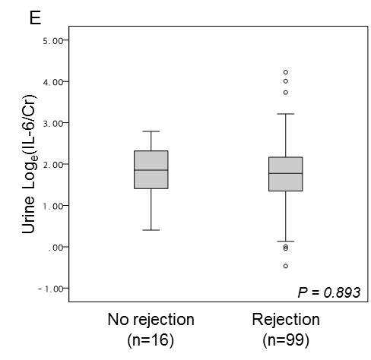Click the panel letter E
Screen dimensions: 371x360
click(35, 17)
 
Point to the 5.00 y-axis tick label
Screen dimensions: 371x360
click(52, 40)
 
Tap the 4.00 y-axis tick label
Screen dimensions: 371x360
click(52, 82)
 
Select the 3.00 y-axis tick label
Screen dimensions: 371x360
click(52, 124)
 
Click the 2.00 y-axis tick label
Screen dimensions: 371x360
click(52, 165)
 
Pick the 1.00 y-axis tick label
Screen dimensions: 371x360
click(52, 206)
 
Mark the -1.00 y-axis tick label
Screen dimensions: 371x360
click(50, 289)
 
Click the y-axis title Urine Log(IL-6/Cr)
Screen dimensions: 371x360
click(29, 164)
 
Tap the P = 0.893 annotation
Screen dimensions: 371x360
click(328, 292)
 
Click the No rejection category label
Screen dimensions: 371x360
click(151, 320)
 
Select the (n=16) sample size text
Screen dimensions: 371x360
click(151, 340)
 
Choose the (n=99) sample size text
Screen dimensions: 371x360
click(286, 340)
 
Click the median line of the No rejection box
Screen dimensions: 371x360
click(151, 170)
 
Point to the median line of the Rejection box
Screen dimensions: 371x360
click(286, 173)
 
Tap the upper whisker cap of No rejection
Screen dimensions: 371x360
click(151, 131)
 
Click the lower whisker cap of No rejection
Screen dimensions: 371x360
click(151, 230)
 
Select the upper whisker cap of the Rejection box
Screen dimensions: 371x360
click(286, 114)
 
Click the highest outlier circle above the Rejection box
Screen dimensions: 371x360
click(286, 72)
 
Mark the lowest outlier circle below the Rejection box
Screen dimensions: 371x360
click(286, 266)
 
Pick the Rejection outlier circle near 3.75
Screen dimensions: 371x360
click(286, 93)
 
